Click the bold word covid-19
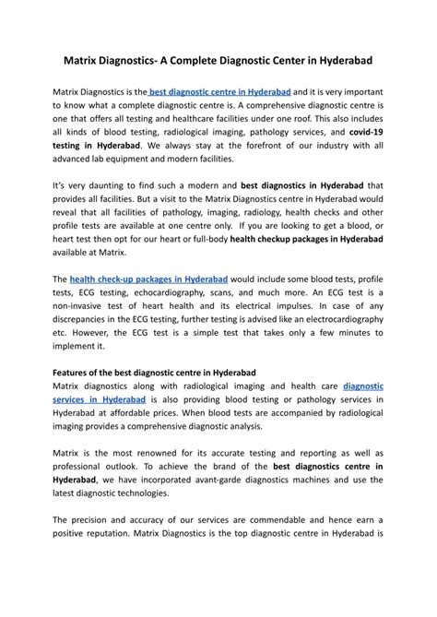coord(365,134)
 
